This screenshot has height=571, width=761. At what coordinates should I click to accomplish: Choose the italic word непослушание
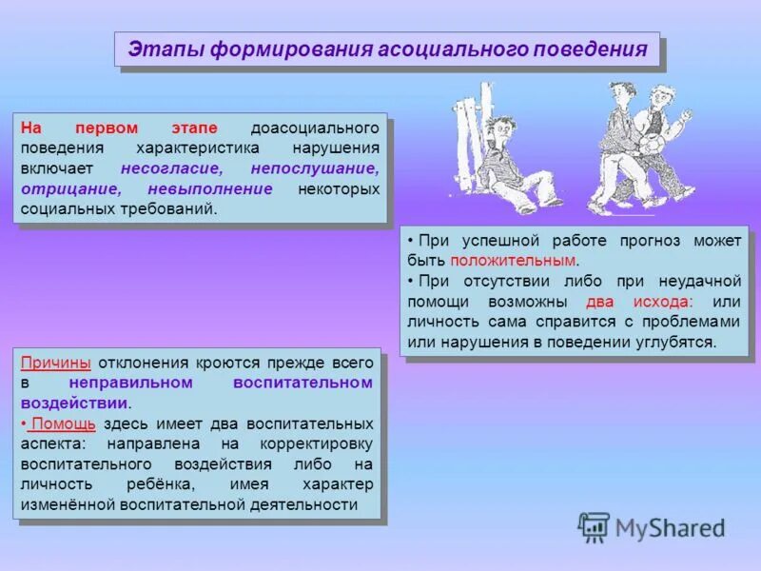click(319, 168)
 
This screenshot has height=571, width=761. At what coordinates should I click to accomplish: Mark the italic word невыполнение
click(210, 188)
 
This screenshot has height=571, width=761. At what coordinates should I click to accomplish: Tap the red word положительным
click(514, 260)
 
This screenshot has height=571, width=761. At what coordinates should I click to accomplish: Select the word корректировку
click(320, 443)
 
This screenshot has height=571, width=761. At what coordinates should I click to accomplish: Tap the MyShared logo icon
click(595, 526)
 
